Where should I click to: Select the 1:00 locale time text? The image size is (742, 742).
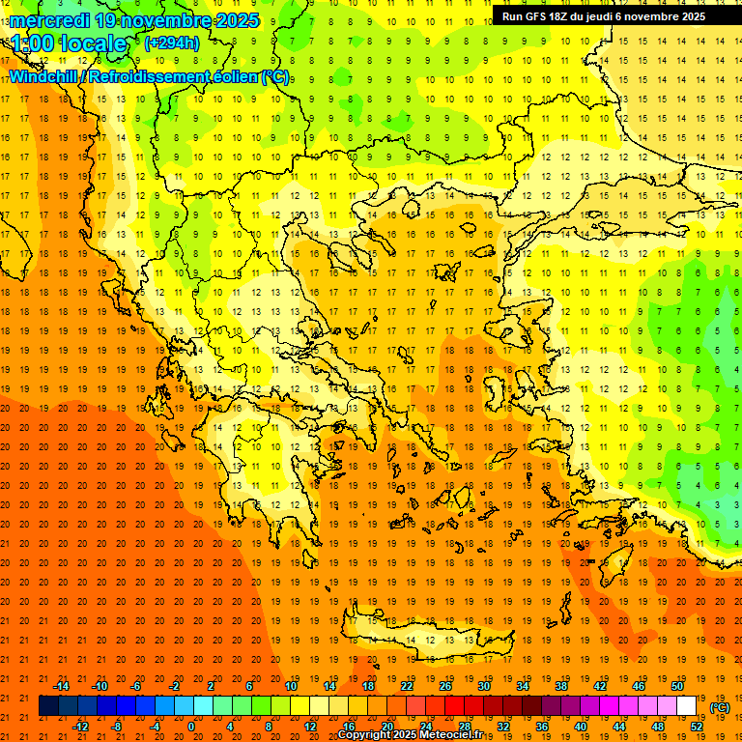[x=70, y=43]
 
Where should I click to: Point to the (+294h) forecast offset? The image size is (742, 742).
[x=172, y=43]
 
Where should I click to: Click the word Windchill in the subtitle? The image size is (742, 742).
[x=43, y=76]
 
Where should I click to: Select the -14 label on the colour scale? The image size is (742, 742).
[x=61, y=686]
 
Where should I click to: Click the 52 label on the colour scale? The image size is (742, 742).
[x=698, y=727]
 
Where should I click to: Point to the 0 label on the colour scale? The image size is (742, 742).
[x=190, y=727]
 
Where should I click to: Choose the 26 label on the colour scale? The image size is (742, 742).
[x=444, y=686]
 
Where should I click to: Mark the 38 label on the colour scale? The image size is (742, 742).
[x=560, y=686]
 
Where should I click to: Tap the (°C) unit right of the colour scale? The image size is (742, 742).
[x=720, y=707]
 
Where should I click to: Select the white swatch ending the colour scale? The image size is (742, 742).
[x=686, y=706]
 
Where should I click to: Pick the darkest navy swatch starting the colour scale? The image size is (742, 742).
[x=48, y=706]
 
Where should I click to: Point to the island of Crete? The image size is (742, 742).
[x=425, y=639]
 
